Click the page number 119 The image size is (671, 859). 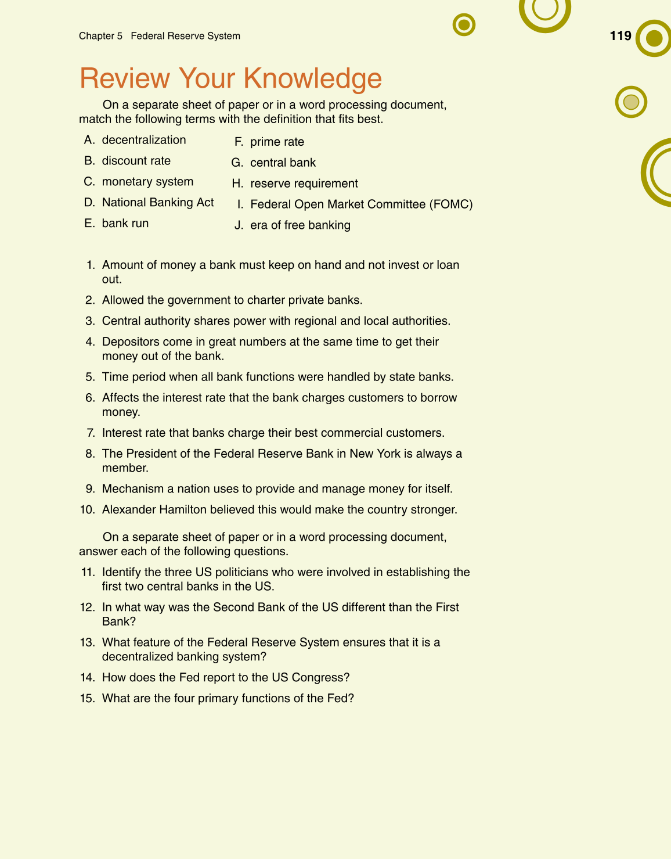[620, 36]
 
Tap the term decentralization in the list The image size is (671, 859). [144, 140]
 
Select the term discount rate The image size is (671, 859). [136, 161]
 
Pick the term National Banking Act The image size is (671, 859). [158, 203]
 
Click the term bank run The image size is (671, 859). [125, 224]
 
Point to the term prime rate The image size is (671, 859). [277, 142]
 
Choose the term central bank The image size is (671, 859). [283, 163]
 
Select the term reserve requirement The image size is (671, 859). [304, 184]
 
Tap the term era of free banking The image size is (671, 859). [300, 225]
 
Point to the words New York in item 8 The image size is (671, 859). [375, 454]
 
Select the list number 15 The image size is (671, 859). [87, 699]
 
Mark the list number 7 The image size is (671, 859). [90, 433]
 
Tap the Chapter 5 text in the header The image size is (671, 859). [100, 36]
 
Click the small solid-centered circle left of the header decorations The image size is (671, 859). [464, 25]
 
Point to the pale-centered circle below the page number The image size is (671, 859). [631, 102]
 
